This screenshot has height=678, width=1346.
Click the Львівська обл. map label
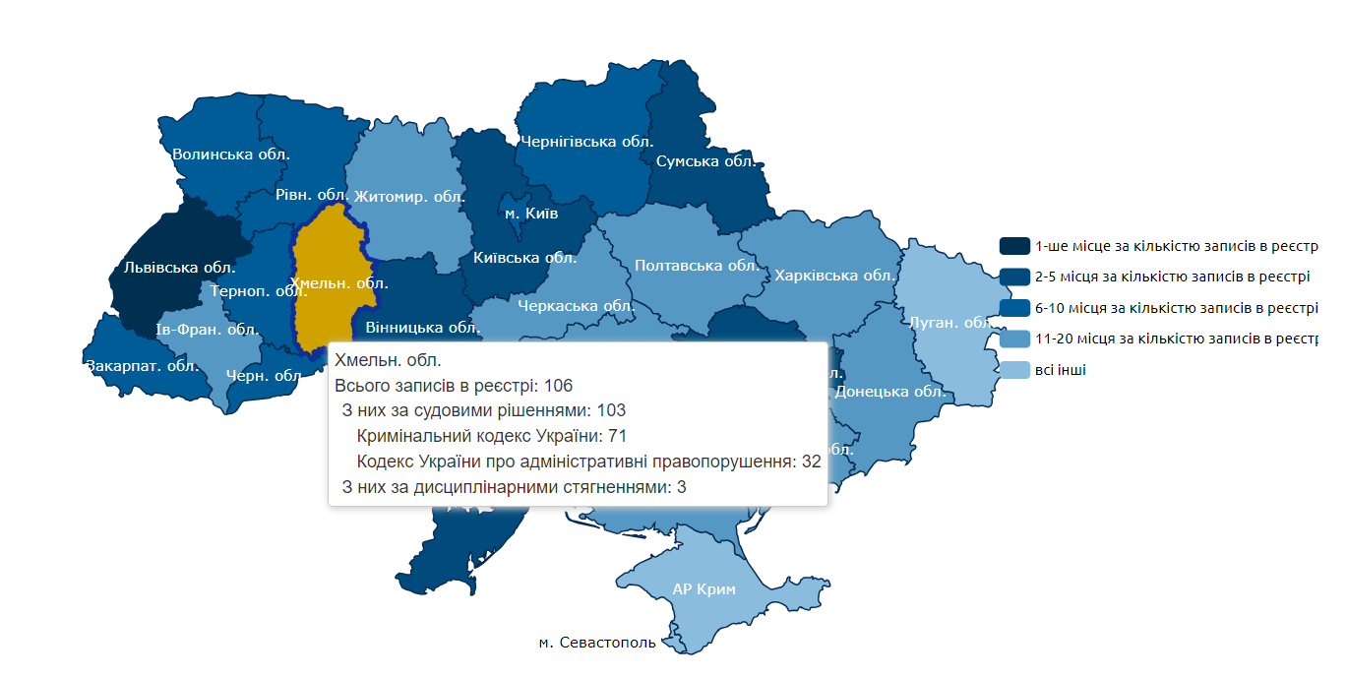click(x=180, y=267)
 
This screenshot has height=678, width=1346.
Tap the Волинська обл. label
click(x=230, y=154)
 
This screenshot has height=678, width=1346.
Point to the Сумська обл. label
click(x=705, y=161)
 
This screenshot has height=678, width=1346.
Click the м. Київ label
click(x=531, y=214)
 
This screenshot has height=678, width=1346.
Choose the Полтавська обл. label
click(x=697, y=266)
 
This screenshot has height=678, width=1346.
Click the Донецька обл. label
click(x=889, y=392)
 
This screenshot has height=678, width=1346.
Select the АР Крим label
click(x=704, y=589)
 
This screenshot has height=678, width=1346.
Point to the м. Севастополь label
click(x=597, y=643)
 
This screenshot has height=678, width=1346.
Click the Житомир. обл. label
click(x=409, y=196)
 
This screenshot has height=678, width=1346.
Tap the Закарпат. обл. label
click(x=143, y=366)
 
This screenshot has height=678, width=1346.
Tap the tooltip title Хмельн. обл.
click(x=388, y=359)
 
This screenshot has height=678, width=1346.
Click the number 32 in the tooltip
click(x=811, y=462)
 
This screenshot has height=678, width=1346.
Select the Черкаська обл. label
click(x=576, y=306)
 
